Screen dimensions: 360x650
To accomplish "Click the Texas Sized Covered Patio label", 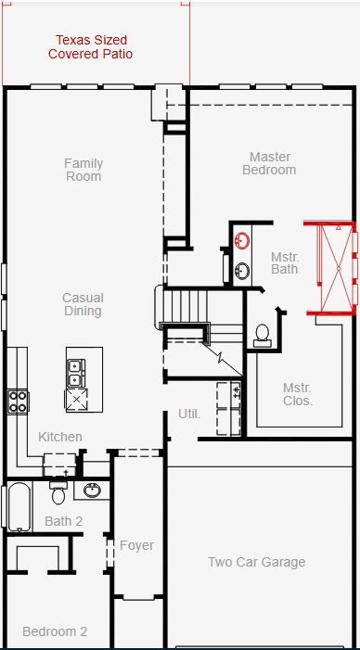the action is [x=90, y=47].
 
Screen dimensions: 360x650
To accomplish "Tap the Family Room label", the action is [x=84, y=170].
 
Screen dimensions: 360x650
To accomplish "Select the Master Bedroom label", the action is [x=270, y=163].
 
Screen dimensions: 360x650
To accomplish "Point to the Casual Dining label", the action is [x=83, y=304].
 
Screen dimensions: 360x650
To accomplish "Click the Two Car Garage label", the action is [x=257, y=562].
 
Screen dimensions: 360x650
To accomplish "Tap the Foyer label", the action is [x=137, y=545].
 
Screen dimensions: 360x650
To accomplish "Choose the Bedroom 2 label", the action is [x=55, y=631].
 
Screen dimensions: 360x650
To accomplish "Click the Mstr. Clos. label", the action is [x=298, y=394].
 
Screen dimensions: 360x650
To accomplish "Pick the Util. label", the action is [x=189, y=414].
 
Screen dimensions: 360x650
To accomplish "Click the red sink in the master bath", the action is [x=242, y=240].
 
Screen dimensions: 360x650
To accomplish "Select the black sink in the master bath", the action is [x=242, y=271].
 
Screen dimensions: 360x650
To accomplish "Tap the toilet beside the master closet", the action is [x=263, y=336].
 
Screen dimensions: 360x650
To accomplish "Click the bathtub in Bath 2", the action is [x=19, y=506].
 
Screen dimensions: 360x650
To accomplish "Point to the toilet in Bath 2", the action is [x=58, y=493].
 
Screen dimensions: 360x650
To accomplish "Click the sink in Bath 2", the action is [x=92, y=491].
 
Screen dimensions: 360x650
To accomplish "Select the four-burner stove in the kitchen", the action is [x=18, y=401].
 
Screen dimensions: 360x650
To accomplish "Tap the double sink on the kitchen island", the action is [x=76, y=373].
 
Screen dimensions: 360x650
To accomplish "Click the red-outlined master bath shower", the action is [x=330, y=269].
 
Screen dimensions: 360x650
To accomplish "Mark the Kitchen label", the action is [x=60, y=437].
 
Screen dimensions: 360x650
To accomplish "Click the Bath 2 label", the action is [x=63, y=521].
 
